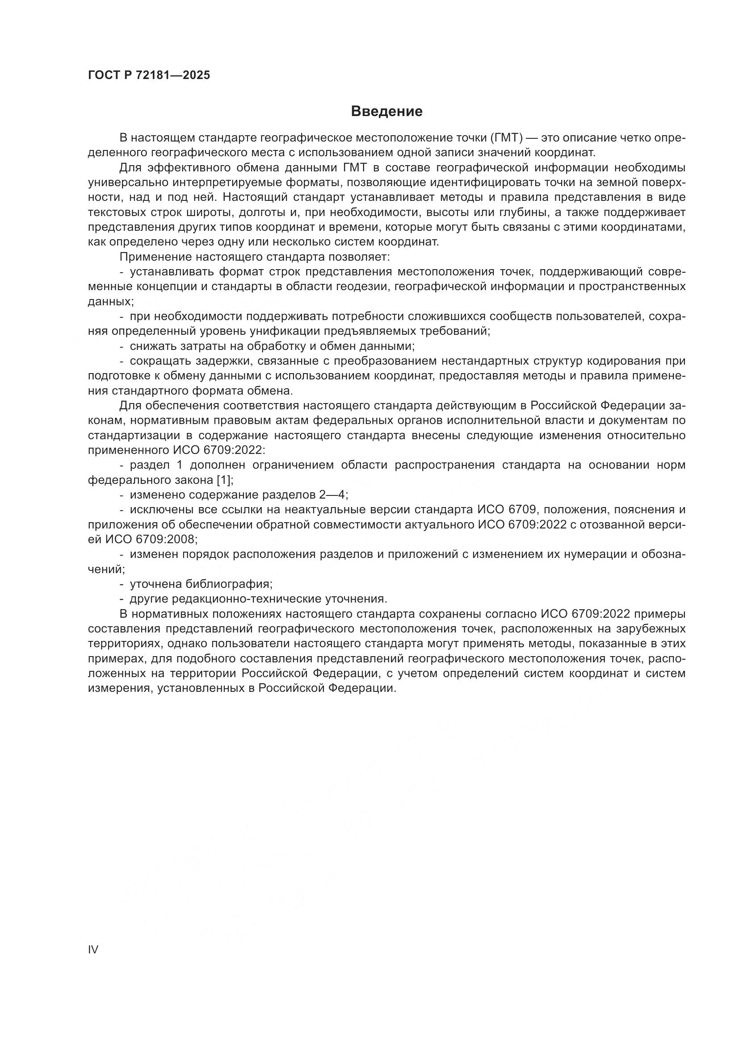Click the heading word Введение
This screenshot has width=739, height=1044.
pyautogui.click(x=386, y=112)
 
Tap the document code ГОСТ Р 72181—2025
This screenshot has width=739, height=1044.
pyautogui.click(x=149, y=75)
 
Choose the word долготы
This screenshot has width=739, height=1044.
pyautogui.click(x=260, y=213)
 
